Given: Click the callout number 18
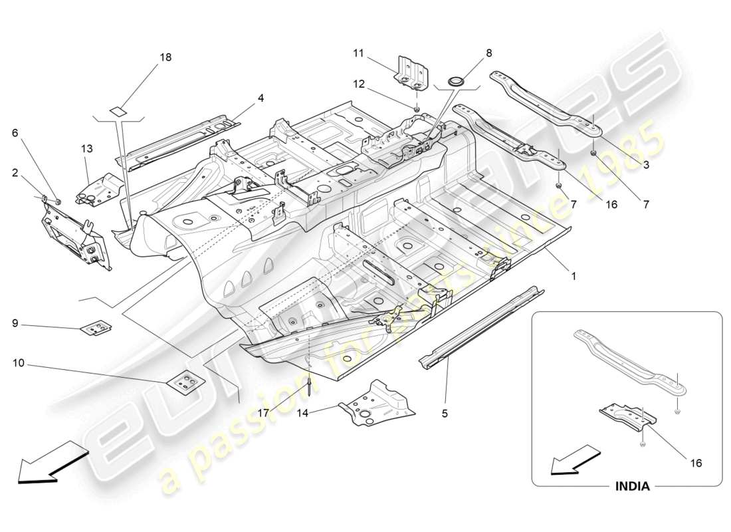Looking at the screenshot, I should pyautogui.click(x=165, y=57).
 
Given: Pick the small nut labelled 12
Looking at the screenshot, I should pyautogui.click(x=416, y=108).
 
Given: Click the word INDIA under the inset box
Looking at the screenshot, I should pyautogui.click(x=631, y=486).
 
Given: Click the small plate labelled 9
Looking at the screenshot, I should pyautogui.click(x=96, y=328).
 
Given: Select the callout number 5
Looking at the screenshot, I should pyautogui.click(x=445, y=414).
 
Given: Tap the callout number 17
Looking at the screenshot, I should pyautogui.click(x=264, y=413).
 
